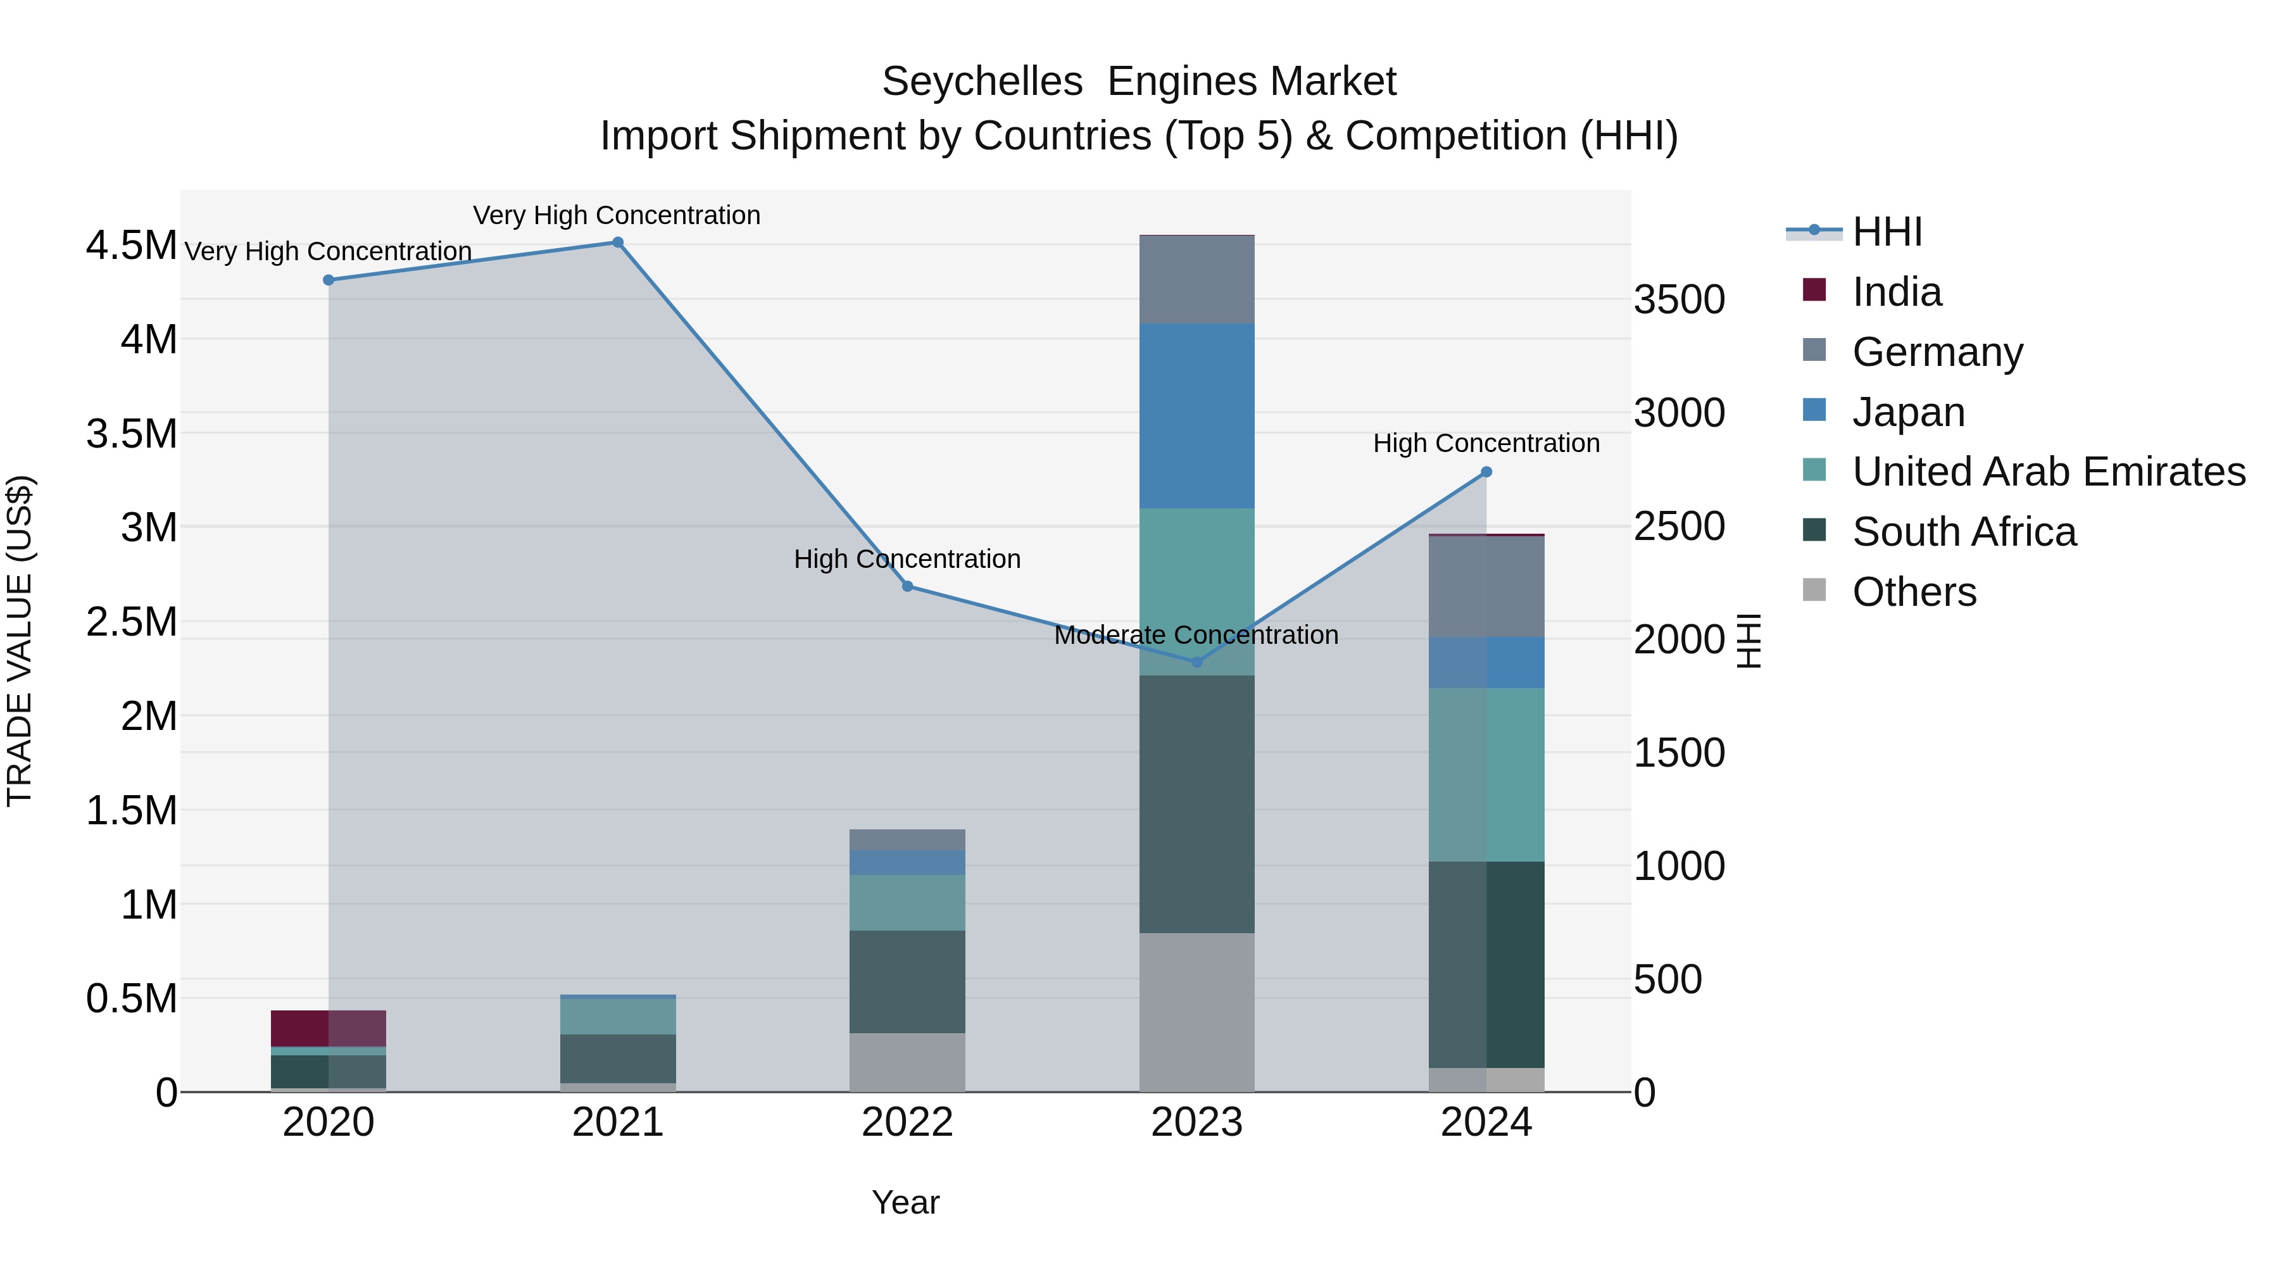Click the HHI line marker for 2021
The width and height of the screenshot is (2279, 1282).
[x=617, y=242]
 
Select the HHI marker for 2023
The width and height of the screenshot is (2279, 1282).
[x=1197, y=662]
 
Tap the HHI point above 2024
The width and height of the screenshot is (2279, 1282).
[x=1486, y=472]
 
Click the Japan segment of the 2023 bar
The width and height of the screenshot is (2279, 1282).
[x=1197, y=416]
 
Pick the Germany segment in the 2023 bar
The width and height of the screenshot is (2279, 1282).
[x=1197, y=280]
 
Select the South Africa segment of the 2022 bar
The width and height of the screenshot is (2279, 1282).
[x=907, y=981]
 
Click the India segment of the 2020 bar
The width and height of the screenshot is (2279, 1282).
[x=328, y=1028]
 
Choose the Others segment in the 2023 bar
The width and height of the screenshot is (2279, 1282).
[x=1197, y=1012]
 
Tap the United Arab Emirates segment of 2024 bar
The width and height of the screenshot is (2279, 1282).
[x=1486, y=774]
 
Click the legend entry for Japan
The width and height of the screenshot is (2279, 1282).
[x=1908, y=412]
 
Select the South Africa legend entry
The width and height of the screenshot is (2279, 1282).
[x=1963, y=532]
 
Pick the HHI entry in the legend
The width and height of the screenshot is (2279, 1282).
[x=1887, y=232]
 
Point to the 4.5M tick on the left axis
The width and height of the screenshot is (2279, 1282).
[x=131, y=245]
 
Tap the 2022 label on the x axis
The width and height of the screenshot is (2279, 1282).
[x=907, y=1122]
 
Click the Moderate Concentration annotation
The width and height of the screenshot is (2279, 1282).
[x=1196, y=635]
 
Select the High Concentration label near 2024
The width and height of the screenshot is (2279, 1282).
[x=1486, y=443]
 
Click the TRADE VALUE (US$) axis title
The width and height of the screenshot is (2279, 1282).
[x=20, y=641]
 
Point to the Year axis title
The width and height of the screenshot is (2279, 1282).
[x=905, y=1202]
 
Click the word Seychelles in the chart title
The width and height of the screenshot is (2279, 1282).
[x=981, y=82]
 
